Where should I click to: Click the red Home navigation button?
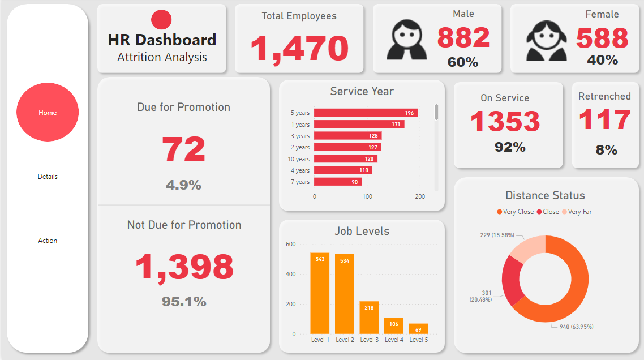coord(48,112)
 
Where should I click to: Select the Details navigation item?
coord(48,177)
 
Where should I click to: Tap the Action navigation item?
coord(48,241)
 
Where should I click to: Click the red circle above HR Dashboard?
coord(161,20)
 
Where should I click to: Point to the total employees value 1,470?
coord(299,48)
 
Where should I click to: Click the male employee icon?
coord(406,40)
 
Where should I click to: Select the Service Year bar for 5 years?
coord(366,113)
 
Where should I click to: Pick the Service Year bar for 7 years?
coord(338,182)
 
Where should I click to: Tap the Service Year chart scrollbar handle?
coord(436,112)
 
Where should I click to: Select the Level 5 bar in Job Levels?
coord(418,329)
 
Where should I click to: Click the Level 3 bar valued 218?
coord(369,318)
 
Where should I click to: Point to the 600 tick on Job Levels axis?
coord(290,245)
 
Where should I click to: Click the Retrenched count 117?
coord(604,120)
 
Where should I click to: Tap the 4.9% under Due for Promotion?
coord(183,185)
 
